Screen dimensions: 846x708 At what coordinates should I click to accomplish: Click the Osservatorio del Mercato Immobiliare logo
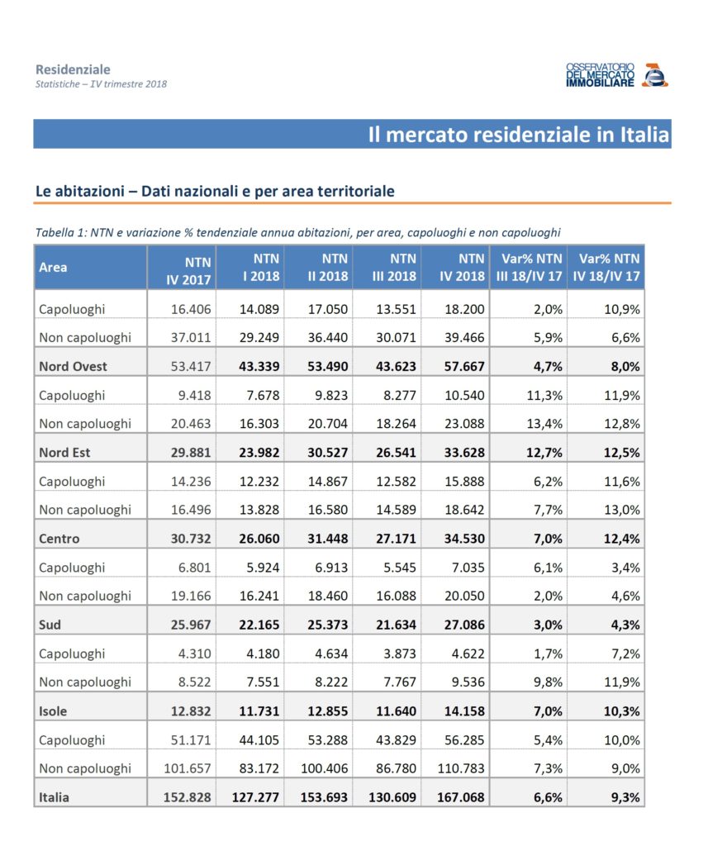(616, 74)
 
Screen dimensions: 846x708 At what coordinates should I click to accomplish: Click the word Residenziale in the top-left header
(73, 69)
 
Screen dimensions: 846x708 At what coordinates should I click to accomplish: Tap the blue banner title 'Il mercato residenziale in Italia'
(518, 135)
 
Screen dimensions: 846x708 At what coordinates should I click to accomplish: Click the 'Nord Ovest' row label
(73, 365)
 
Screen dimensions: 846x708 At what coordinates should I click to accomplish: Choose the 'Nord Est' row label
(65, 452)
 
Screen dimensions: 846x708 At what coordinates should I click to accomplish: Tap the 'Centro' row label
(59, 539)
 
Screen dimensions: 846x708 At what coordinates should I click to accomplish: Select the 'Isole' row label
(54, 711)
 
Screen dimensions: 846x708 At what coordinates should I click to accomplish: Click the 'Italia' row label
(54, 797)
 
